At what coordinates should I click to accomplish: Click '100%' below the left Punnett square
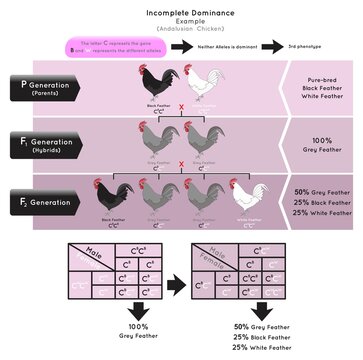(x=128, y=329)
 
